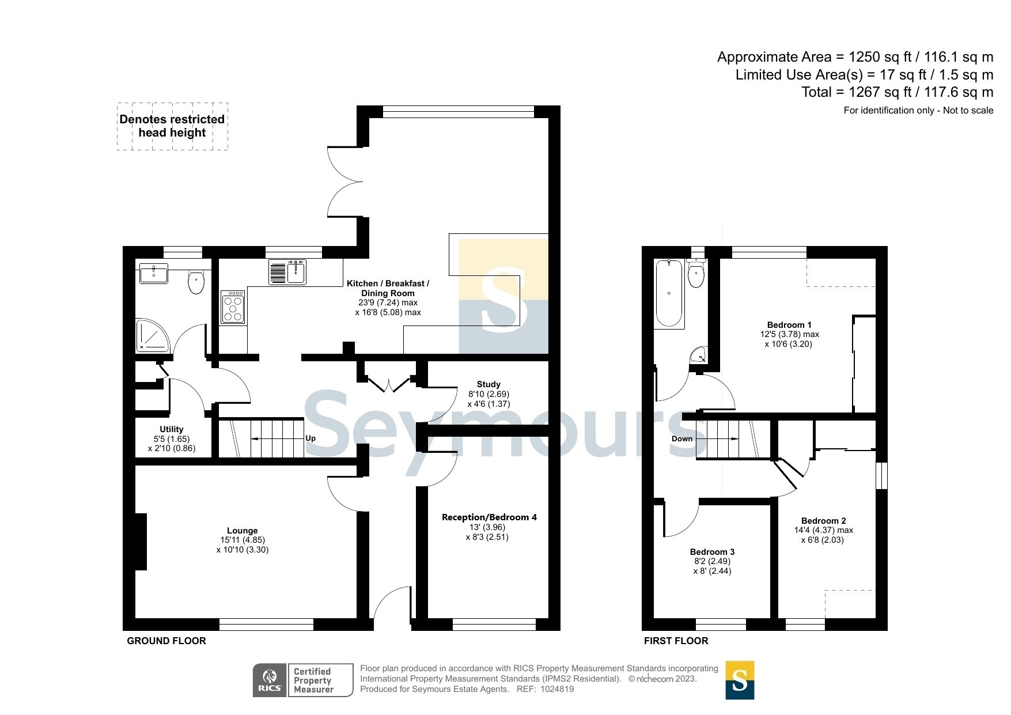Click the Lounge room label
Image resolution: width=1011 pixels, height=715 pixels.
tap(243, 531)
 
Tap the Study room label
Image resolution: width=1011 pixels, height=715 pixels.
tap(489, 384)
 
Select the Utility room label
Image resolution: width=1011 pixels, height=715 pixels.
tap(172, 429)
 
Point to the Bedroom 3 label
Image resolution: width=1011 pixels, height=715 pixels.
tap(712, 552)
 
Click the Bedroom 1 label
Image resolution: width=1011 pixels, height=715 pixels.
tap(789, 325)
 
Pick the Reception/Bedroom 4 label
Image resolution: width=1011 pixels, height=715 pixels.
tap(489, 517)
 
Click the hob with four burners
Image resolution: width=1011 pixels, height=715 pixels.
tap(233, 307)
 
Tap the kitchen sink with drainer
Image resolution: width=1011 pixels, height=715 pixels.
tap(287, 272)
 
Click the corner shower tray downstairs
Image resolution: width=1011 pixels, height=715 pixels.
tap(153, 336)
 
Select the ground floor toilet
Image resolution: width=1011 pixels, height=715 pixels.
tap(196, 282)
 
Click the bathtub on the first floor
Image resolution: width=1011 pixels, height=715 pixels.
tap(669, 294)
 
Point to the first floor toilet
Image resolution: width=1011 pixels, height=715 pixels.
tap(696, 274)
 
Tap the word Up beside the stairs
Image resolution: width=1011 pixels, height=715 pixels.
tap(311, 438)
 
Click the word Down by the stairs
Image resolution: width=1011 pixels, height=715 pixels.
tap(682, 438)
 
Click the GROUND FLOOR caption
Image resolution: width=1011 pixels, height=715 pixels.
tap(166, 641)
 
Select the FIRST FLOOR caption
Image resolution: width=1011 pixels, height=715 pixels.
tap(676, 641)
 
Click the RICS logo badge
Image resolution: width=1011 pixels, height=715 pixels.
tap(270, 680)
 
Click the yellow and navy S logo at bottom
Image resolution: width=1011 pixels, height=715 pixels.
tap(740, 680)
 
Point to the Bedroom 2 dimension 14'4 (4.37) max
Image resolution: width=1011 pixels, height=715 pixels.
tap(824, 530)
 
